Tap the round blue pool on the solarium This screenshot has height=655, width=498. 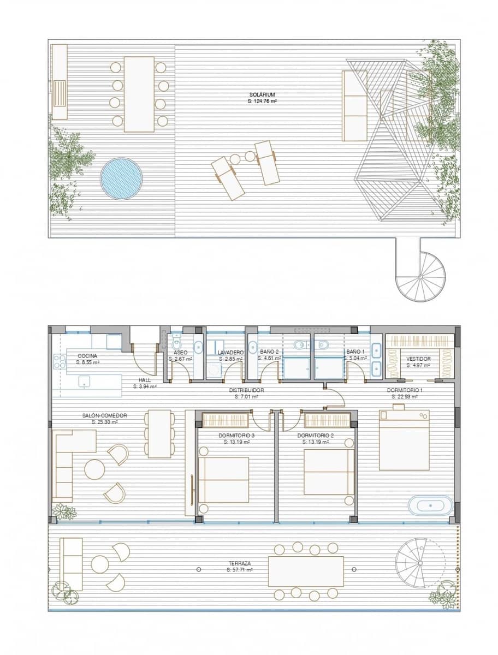point(121,179)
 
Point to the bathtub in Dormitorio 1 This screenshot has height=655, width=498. point(431,505)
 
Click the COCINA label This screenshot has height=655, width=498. point(87,355)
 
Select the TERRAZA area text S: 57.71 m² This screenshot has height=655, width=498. point(240,569)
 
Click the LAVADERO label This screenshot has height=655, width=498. point(230,353)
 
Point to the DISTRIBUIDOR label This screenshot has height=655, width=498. point(247,390)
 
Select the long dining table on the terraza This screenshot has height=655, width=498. point(306,571)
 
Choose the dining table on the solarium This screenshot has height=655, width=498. point(139,94)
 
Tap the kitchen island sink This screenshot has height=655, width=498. point(82,384)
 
